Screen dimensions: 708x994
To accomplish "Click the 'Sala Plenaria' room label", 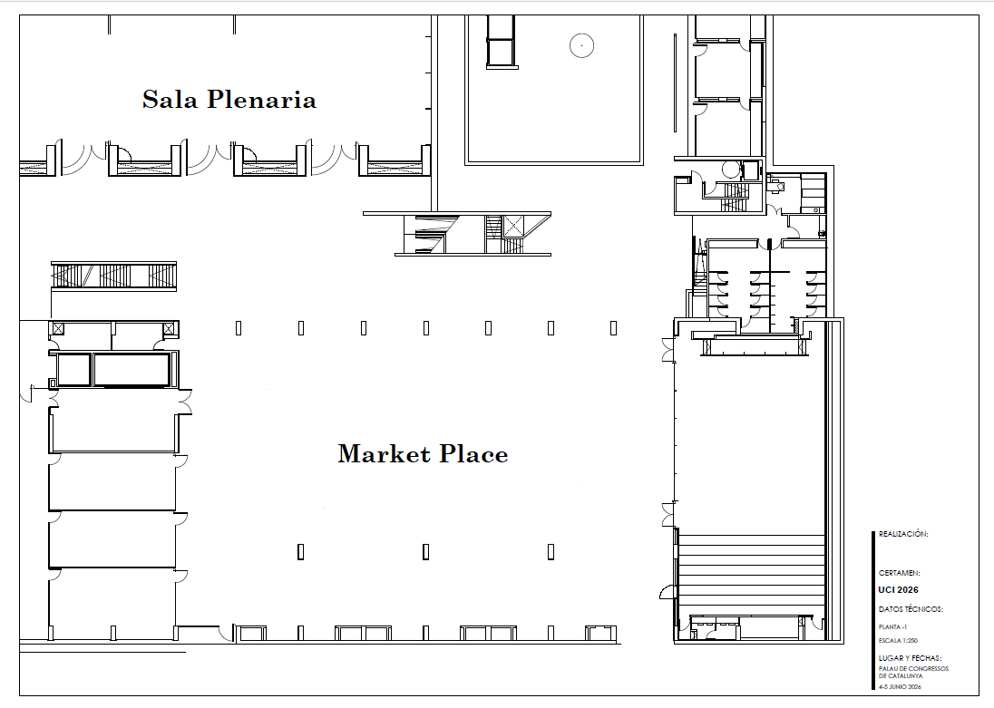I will pyautogui.click(x=229, y=99).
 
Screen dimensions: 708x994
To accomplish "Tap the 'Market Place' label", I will pyautogui.click(x=423, y=453).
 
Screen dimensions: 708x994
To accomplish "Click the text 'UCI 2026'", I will pyautogui.click(x=898, y=590).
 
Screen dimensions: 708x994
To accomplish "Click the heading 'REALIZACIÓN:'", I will pyautogui.click(x=903, y=535).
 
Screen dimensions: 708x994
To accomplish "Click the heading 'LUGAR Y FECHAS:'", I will pyautogui.click(x=911, y=658).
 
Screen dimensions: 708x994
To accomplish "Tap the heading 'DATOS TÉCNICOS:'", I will pyautogui.click(x=911, y=609).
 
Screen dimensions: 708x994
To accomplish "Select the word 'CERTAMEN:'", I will pyautogui.click(x=900, y=573).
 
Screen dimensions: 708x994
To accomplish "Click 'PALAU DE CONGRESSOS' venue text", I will pyautogui.click(x=913, y=669).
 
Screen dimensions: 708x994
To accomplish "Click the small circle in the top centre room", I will pyautogui.click(x=580, y=44).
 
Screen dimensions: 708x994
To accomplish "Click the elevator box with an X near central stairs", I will pyautogui.click(x=513, y=226).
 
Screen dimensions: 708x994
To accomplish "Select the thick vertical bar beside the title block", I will pyautogui.click(x=872, y=612).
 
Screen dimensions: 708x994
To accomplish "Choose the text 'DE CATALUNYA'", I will pyautogui.click(x=901, y=676).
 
